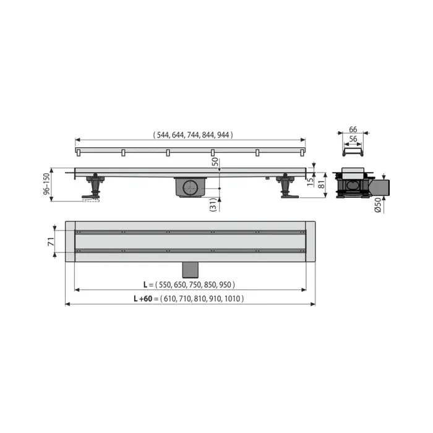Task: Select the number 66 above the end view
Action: pyautogui.click(x=353, y=129)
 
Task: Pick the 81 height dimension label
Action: pyautogui.click(x=322, y=183)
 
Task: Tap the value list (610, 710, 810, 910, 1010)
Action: pyautogui.click(x=202, y=298)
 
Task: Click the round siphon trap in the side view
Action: pyautogui.click(x=191, y=186)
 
